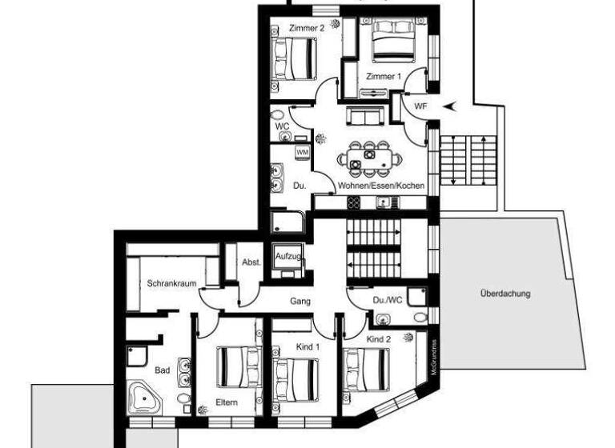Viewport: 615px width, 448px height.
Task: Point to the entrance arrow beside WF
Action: (x=450, y=106)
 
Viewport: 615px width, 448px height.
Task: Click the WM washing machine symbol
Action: (x=302, y=151)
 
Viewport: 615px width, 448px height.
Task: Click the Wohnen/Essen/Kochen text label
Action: (x=380, y=186)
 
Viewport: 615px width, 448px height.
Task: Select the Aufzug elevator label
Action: (x=287, y=256)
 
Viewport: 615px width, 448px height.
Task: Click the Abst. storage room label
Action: (x=251, y=262)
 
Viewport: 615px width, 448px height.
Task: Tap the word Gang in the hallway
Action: (x=300, y=301)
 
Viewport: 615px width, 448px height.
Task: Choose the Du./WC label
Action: (x=388, y=301)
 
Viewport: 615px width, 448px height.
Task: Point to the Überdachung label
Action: (x=505, y=293)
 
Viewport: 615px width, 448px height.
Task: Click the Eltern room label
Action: (x=227, y=402)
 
